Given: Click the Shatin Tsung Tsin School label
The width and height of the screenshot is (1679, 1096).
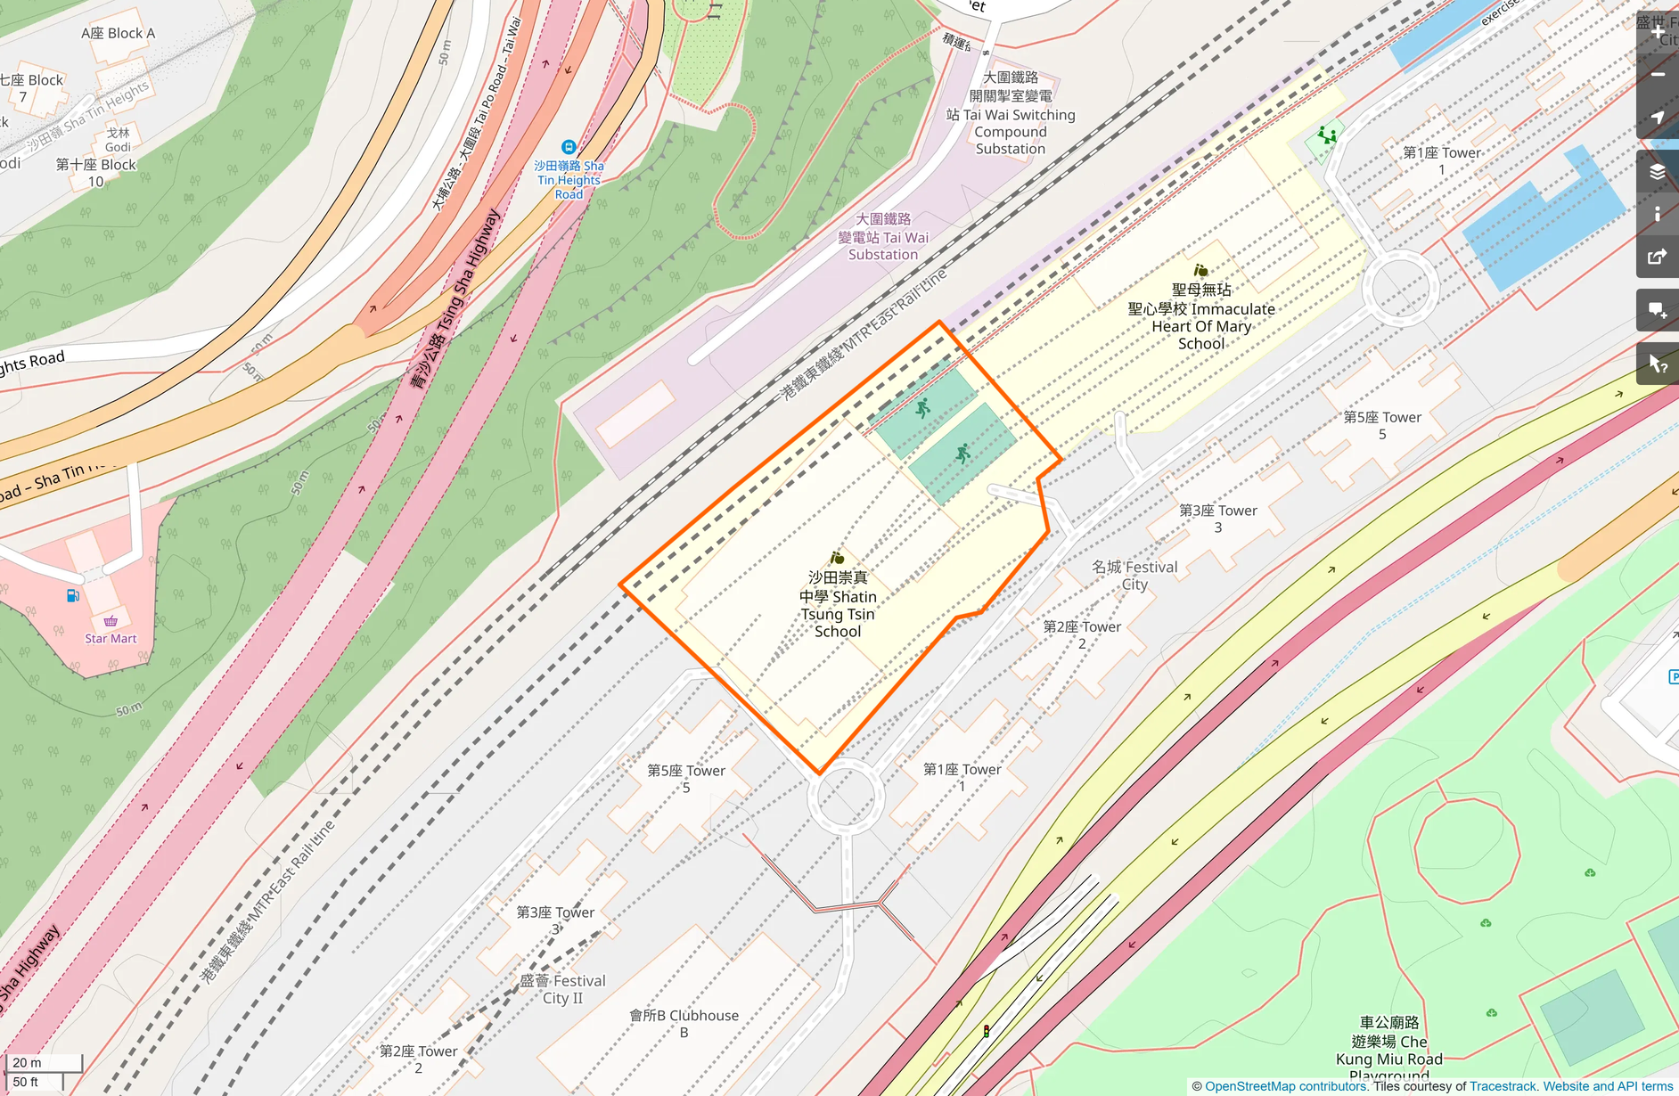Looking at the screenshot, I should [838, 604].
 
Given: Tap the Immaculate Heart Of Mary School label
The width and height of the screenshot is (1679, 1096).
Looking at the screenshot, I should [1201, 317].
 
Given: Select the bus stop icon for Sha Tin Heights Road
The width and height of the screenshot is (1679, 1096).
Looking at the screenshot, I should [569, 147].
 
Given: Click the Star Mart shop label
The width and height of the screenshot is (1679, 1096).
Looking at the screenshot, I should [111, 638].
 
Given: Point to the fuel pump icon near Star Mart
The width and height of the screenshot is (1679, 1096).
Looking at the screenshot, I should [73, 595].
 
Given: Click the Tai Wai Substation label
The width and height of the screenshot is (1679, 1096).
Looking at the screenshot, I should [883, 237].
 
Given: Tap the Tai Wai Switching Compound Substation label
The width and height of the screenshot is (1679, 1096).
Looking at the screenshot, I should [1011, 114].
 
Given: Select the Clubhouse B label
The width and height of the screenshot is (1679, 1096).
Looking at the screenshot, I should [684, 1023].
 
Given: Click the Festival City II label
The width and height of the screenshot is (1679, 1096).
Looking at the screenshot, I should [562, 989].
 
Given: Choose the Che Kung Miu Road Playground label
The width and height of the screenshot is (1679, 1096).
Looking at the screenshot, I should [1388, 1050].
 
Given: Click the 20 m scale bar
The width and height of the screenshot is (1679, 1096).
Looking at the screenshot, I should [43, 1062].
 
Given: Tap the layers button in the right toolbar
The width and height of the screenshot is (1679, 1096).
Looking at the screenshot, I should [1657, 172].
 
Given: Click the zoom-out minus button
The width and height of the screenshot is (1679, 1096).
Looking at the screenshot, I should [1657, 75].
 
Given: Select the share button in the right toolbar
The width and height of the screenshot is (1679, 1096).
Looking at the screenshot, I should [1657, 258].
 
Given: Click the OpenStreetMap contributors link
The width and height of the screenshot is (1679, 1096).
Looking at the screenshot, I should [1285, 1086].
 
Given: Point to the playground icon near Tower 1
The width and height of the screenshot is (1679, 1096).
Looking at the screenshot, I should [1328, 136].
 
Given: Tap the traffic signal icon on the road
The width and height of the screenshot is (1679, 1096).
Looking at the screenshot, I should [987, 1031].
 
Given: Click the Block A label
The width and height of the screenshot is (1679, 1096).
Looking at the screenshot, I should [118, 33].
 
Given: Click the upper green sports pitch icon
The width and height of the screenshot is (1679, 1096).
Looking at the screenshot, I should [923, 408].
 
